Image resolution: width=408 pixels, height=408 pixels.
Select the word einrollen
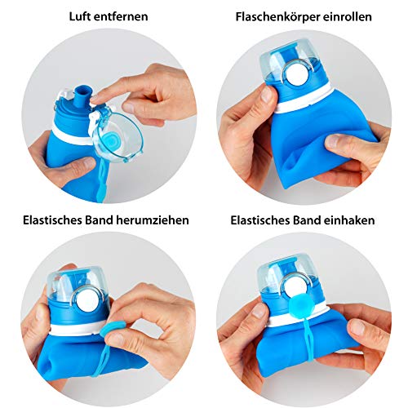346,16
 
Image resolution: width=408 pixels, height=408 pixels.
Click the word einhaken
356,220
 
